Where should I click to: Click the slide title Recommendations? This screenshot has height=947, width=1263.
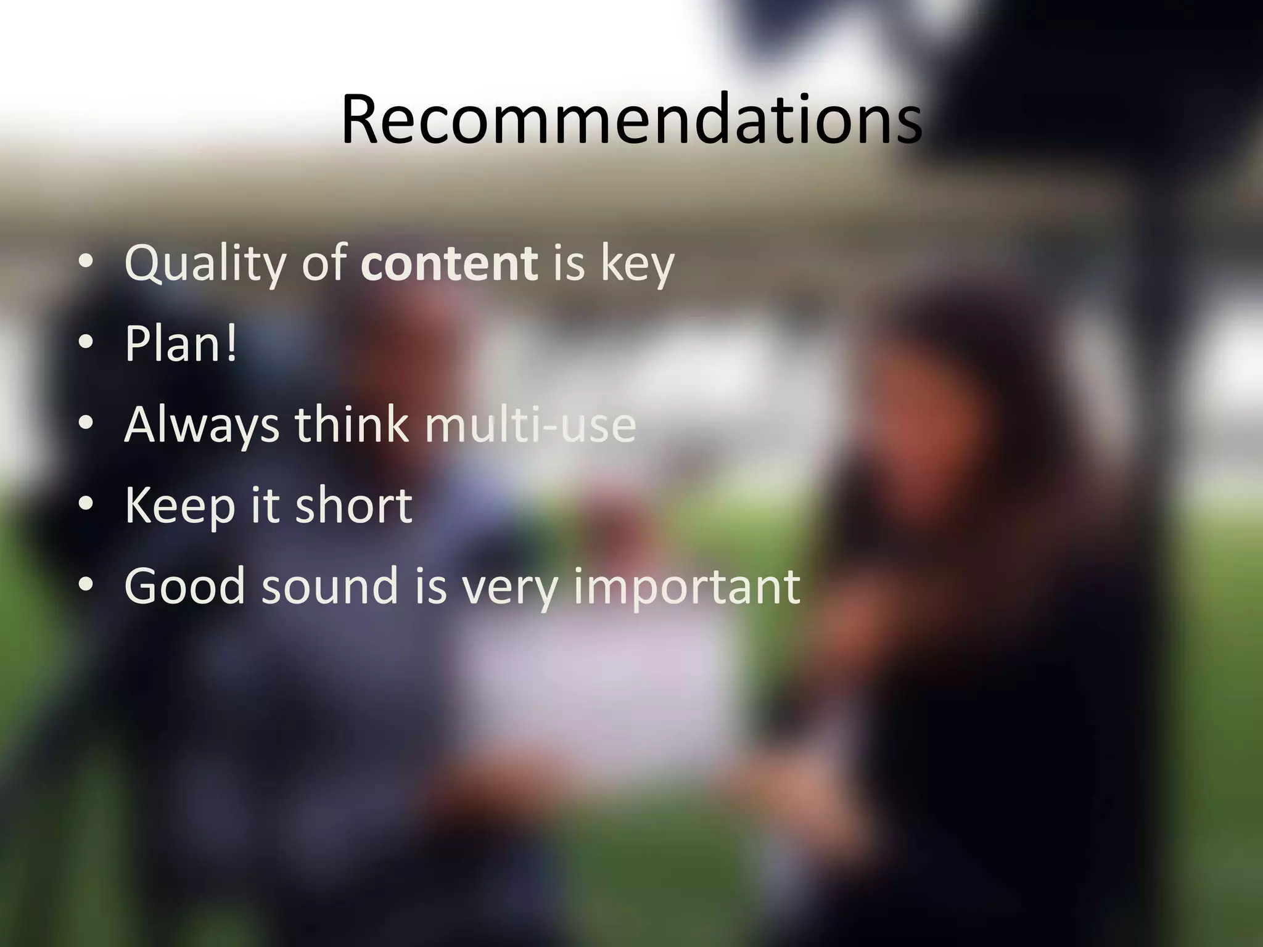coord(631,118)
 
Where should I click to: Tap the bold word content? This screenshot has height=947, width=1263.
coord(449,263)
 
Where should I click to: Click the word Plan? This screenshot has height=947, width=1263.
coord(180,343)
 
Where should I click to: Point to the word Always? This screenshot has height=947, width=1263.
coord(202,425)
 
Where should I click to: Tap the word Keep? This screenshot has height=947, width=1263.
coord(179,506)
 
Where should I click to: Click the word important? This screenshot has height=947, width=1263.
coord(686,586)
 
